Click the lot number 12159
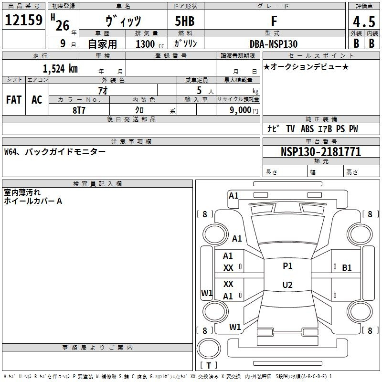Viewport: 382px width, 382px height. coord(23,20)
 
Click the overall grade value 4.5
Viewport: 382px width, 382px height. coord(364,22)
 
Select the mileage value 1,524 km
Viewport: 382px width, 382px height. coord(61,69)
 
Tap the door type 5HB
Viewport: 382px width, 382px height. coord(185,21)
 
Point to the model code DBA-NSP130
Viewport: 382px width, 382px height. coord(274,44)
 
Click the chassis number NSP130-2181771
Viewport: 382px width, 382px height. coord(321,152)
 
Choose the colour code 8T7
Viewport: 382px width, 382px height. coord(79,110)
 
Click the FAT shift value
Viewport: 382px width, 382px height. coord(14,100)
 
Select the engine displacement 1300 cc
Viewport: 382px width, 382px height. coord(150,44)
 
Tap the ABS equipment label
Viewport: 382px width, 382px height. coord(307,129)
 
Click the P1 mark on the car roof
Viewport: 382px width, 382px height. coord(287,266)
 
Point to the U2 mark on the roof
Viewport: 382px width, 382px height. coord(287,285)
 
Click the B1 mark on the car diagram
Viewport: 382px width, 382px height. coord(347,268)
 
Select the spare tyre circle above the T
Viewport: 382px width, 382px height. coord(209,349)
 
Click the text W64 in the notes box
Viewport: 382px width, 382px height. coord(11,152)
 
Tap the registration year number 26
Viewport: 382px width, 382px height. coord(63,26)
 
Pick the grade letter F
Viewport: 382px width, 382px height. coord(274,21)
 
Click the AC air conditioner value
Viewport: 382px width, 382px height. coord(37,100)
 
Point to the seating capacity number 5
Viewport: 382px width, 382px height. coord(199,90)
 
